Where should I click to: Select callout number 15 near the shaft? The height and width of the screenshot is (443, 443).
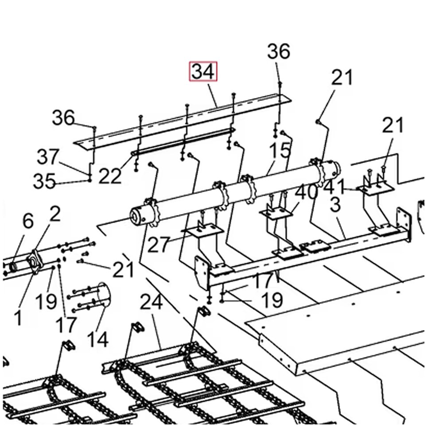[x=279, y=151]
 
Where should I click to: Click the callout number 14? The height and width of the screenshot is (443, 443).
[x=97, y=339]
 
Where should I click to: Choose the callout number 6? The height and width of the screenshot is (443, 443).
[x=27, y=221]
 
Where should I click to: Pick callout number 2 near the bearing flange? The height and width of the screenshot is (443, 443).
[x=54, y=214]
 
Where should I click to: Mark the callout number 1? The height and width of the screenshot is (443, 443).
[x=18, y=317]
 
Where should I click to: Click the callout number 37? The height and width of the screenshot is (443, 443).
[x=47, y=157]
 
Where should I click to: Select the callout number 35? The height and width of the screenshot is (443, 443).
[x=44, y=181]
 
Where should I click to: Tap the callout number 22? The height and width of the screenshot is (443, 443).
[x=109, y=176]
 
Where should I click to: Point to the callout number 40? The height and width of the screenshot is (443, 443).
[x=306, y=193]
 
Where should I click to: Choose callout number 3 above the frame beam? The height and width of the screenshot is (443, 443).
[x=335, y=205]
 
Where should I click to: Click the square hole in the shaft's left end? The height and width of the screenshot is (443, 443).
[x=134, y=216]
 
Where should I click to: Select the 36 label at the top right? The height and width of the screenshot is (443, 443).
[x=279, y=52]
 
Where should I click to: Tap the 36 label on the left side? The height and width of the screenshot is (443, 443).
[x=63, y=118]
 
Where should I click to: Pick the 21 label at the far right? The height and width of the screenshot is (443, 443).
[x=393, y=126]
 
